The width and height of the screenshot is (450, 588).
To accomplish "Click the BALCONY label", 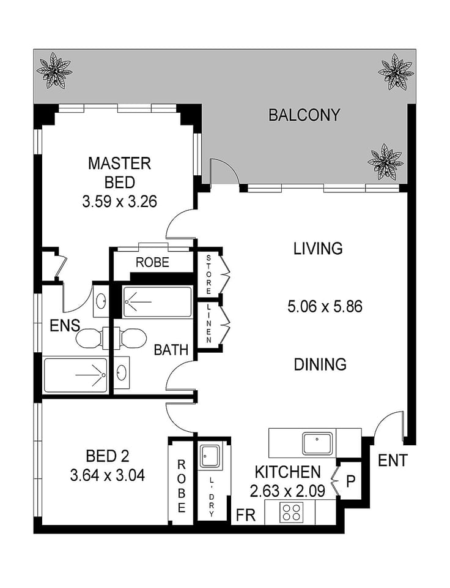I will point(304,115).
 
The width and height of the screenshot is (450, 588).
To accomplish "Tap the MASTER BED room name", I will point(119,173).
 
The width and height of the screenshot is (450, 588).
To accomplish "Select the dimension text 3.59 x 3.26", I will point(120,201).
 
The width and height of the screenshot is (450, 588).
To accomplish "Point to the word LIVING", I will point(317,249).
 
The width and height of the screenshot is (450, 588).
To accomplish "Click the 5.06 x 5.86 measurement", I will point(325,306).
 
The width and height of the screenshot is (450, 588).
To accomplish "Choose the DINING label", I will point(320,364).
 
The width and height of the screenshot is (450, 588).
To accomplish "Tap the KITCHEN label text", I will point(287,472).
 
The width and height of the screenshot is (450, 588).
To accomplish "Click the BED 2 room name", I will point(108,456).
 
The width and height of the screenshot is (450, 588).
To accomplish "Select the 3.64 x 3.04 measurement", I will point(107,475).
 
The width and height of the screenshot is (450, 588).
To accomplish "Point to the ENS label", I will point(65,325).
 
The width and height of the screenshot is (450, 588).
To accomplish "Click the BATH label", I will point(171,350).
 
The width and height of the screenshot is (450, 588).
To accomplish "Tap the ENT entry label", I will point(393,461).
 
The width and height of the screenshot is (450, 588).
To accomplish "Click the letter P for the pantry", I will point(351,481).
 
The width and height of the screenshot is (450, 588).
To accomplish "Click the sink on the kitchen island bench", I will point(317,443).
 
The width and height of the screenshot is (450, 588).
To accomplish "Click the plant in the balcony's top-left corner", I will point(54,70).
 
